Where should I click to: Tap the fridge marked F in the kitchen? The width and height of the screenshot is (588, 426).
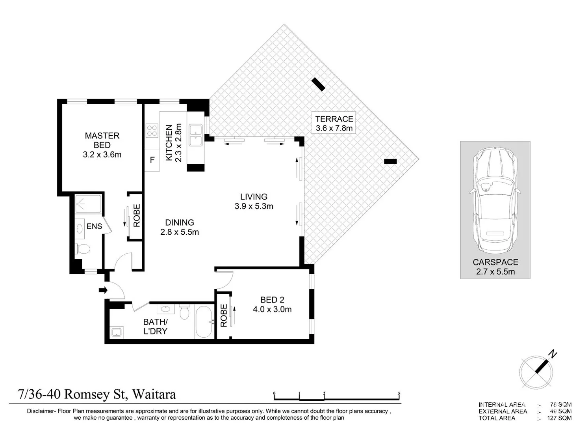[152, 160]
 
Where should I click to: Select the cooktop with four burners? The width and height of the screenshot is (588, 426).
[152, 131]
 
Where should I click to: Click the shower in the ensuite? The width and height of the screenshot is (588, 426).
[88, 204]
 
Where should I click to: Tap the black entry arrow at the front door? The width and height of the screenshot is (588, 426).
[103, 290]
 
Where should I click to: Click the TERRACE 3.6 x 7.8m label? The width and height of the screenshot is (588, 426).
[334, 123]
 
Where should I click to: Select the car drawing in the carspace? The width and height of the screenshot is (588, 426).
[495, 200]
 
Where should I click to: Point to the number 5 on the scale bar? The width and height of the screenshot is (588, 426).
[399, 393]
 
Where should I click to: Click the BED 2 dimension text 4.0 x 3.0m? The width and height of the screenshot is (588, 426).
[272, 309]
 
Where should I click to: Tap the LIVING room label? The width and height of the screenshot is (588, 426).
[254, 197]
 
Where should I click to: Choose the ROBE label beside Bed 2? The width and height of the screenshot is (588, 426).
[224, 315]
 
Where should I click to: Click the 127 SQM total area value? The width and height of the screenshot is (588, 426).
[559, 418]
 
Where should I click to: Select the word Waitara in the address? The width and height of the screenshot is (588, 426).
[154, 394]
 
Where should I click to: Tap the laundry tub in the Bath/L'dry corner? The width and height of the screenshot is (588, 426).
[117, 333]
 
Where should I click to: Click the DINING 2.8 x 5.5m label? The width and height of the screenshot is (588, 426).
[180, 227]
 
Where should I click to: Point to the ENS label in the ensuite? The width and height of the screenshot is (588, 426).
[94, 226]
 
